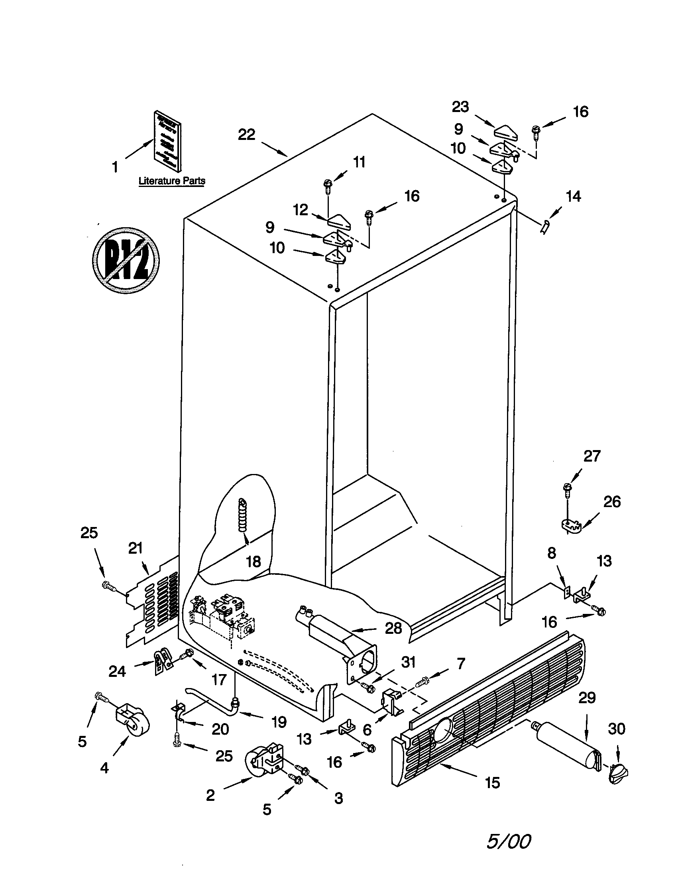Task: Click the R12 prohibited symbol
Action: pos(126,260)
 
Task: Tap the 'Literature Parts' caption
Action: pos(172,181)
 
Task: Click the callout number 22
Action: pos(246,134)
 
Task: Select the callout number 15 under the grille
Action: pos(492,782)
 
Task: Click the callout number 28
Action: pos(393,628)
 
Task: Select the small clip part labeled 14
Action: pos(545,228)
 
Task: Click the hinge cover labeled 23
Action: pos(505,132)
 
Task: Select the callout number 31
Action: pos(408,662)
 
